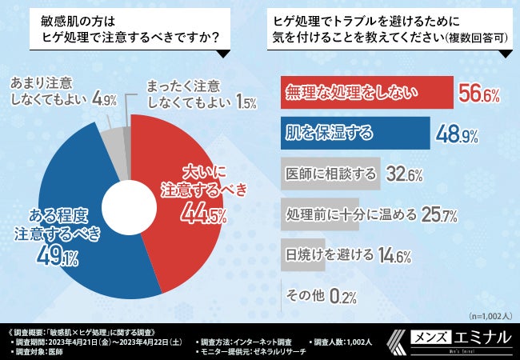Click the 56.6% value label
click(x=480, y=96)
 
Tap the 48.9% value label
click(x=457, y=134)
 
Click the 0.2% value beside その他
click(x=342, y=296)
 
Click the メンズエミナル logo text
click(x=472, y=337)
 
